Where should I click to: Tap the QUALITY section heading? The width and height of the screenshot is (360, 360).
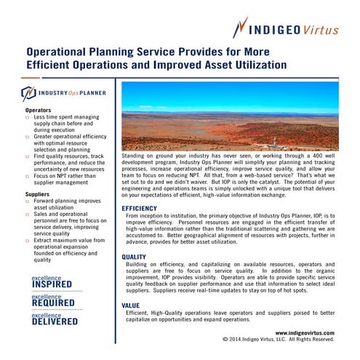pyautogui.click(x=134, y=257)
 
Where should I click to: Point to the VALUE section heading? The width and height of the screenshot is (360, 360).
pyautogui.click(x=131, y=305)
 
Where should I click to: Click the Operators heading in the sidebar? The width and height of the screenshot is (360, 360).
pyautogui.click(x=39, y=110)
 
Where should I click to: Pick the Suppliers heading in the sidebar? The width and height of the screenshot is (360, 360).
pyautogui.click(x=38, y=195)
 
